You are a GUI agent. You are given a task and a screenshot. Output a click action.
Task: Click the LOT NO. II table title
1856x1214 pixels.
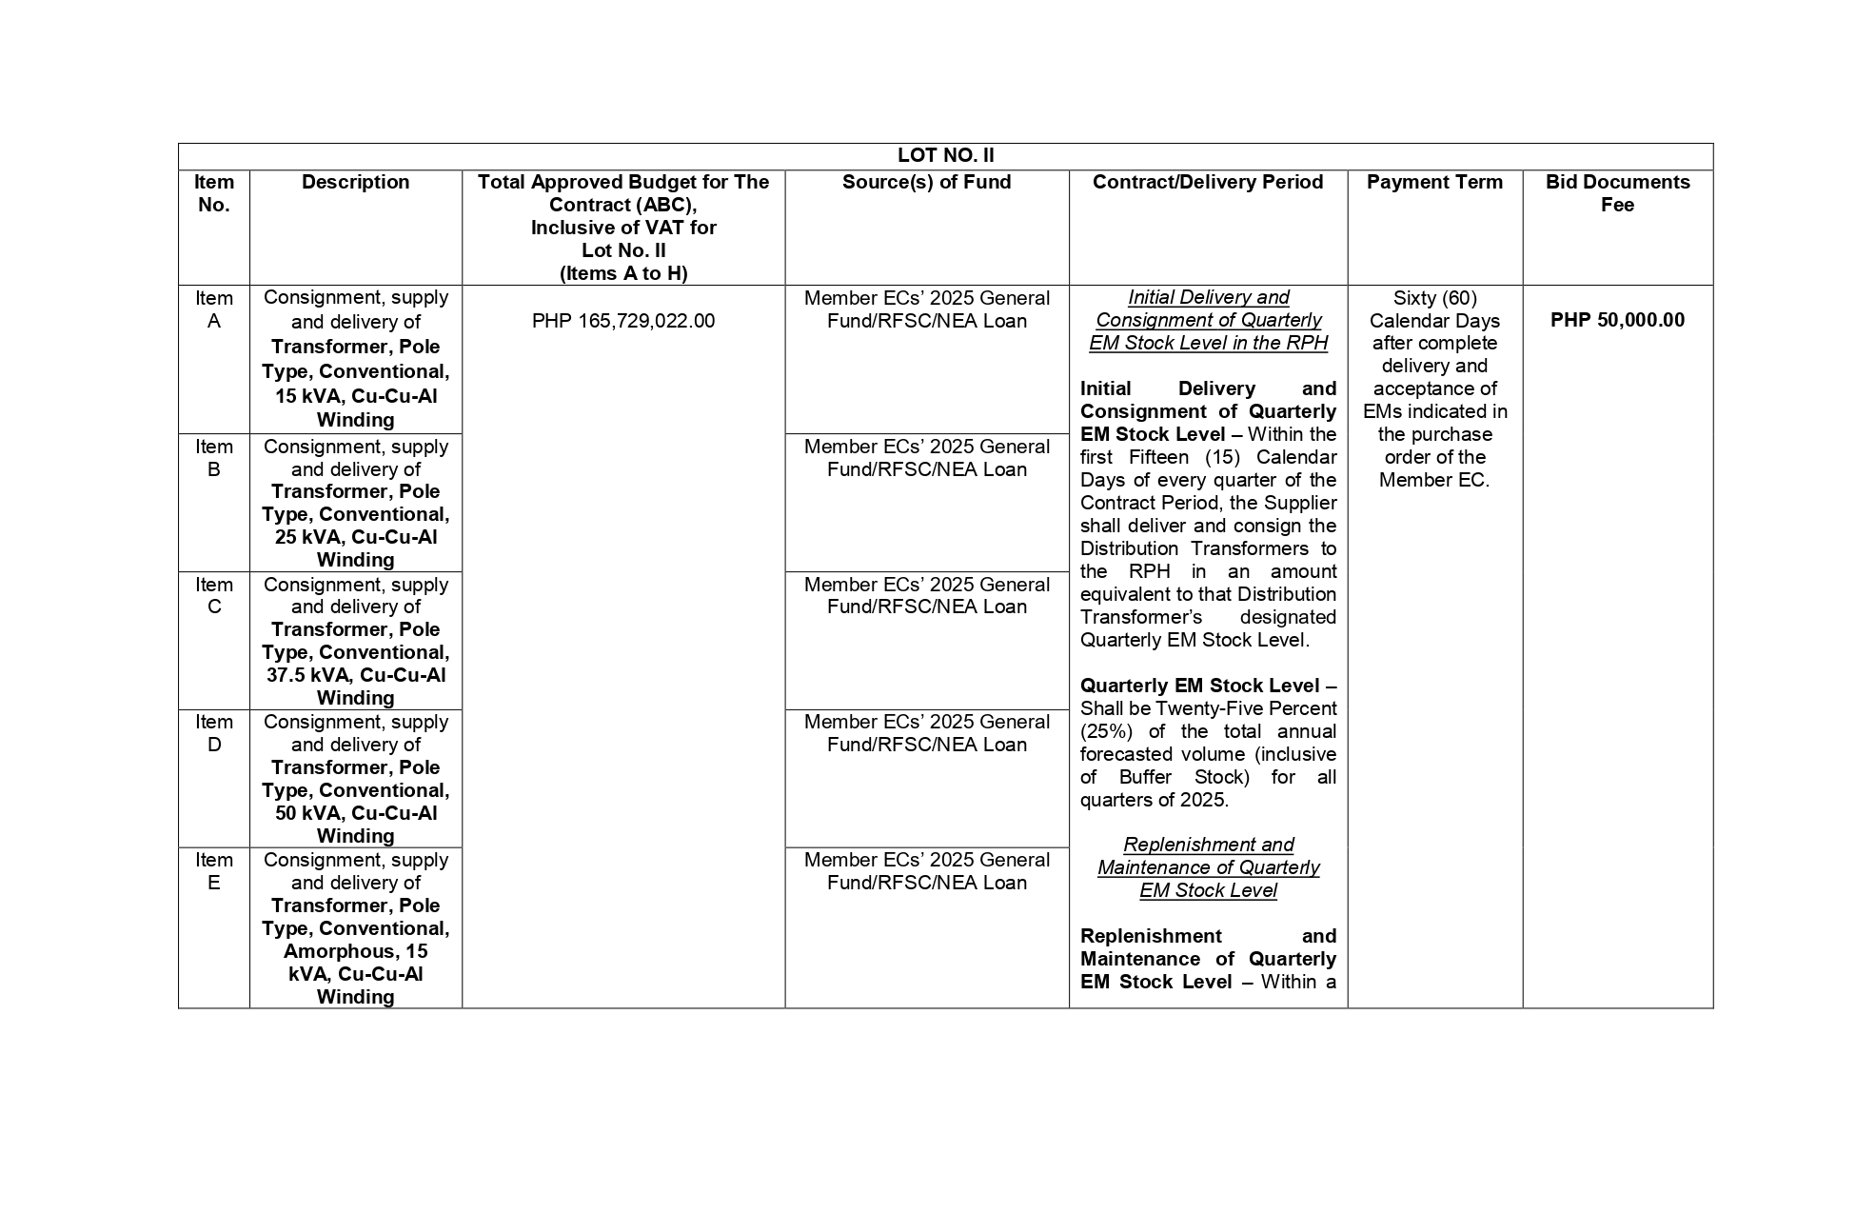pos(945,155)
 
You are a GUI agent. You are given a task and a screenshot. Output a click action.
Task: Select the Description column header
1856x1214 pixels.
pos(355,182)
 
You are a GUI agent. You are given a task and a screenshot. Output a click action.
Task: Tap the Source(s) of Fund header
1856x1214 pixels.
pos(926,182)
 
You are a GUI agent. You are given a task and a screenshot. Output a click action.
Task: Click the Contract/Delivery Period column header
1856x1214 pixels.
pos(1207,182)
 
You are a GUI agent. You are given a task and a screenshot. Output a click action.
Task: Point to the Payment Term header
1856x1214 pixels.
pos(1434,182)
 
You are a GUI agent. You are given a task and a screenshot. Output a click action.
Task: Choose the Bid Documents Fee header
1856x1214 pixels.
pos(1617,193)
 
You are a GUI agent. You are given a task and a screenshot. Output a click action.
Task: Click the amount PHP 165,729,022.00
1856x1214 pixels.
pos(622,321)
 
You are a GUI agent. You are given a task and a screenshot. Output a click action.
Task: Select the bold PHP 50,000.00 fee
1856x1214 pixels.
pos(1617,320)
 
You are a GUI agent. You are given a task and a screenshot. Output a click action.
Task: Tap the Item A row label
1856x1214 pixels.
pos(213,309)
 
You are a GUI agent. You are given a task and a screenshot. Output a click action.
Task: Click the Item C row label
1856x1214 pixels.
pos(213,596)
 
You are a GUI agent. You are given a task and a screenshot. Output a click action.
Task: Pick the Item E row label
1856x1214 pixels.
pos(213,871)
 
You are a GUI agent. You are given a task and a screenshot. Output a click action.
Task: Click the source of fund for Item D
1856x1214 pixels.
pos(926,733)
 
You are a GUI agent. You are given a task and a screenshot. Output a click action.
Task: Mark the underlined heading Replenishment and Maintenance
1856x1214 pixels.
pos(1207,867)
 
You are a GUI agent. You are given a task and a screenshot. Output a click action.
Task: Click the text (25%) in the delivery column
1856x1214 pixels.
pos(1106,731)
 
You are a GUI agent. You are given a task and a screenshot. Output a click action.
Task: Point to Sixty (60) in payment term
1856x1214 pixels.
pos(1434,298)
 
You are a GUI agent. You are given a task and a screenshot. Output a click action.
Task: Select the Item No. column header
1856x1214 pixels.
pos(213,193)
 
